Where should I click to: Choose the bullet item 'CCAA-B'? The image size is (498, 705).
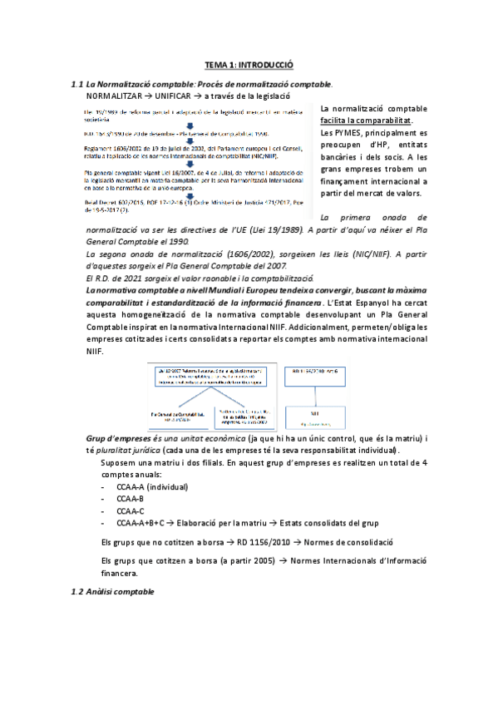131,499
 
